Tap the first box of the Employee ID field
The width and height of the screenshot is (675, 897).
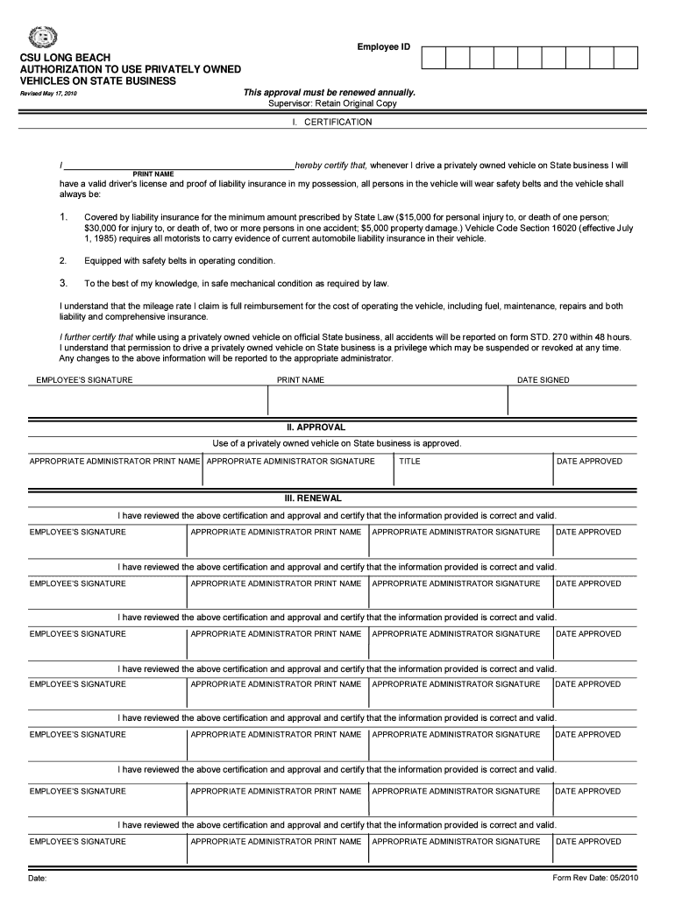434,58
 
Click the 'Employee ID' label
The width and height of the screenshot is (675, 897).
383,46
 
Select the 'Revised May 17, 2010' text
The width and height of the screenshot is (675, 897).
54,94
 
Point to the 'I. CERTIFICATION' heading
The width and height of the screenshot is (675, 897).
331,123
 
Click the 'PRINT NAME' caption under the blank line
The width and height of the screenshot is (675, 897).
153,173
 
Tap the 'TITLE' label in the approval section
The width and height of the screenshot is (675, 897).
409,461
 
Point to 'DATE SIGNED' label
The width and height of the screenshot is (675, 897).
543,380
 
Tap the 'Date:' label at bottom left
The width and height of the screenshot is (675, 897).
38,878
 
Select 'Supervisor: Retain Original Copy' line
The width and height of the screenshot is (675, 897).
331,103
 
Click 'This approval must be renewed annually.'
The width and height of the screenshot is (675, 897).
329,92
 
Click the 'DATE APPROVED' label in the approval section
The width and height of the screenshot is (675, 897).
589,461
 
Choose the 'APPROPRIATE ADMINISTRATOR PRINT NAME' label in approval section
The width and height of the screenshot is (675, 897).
115,461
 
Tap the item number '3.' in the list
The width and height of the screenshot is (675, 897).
63,283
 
